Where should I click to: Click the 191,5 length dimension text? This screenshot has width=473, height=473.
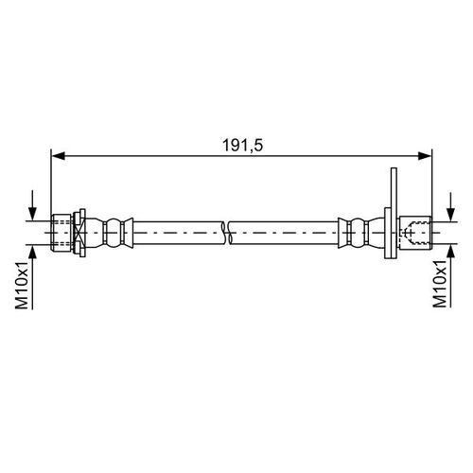coord(242,146)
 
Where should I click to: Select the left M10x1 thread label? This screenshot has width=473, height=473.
coord(22,285)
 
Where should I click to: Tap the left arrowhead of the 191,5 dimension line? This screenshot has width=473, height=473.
coord(58,155)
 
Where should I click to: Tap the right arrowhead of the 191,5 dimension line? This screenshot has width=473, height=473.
coord(425,155)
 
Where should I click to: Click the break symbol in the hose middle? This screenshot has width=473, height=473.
coord(228,233)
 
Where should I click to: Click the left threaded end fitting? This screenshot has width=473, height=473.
coord(61,233)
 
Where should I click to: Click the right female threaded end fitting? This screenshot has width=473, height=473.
coord(415,233)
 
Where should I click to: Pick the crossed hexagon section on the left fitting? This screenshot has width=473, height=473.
coord(78,233)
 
